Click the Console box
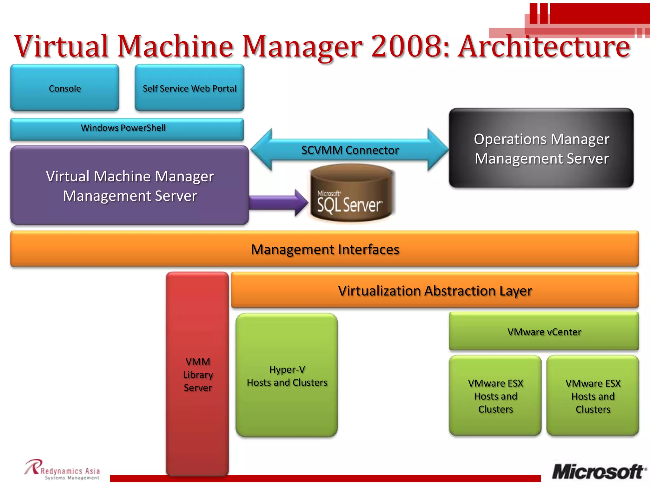click(65, 88)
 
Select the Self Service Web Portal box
click(189, 88)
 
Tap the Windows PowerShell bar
click(127, 128)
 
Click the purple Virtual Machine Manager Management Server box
click(129, 186)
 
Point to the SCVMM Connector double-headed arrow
click(350, 150)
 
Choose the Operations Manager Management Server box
click(541, 148)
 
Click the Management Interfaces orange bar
click(324, 249)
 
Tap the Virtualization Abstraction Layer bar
click(435, 290)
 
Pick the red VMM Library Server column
click(197, 374)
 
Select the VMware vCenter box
click(544, 332)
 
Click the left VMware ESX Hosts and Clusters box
click(495, 396)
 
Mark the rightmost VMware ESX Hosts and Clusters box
click(593, 396)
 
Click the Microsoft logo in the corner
click(598, 471)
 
